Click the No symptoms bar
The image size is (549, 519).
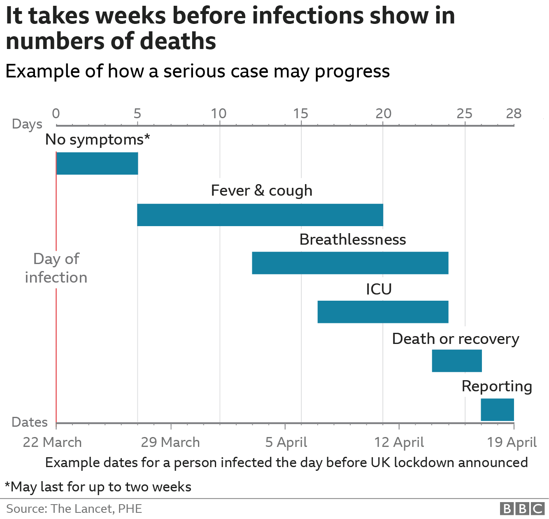[97, 164]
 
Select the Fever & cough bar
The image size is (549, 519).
[260, 215]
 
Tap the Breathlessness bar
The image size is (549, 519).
[350, 263]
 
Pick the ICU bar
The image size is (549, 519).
[383, 312]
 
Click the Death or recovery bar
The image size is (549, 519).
[457, 361]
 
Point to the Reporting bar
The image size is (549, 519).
[497, 410]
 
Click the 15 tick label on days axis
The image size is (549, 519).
[301, 113]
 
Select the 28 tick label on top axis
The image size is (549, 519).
[514, 113]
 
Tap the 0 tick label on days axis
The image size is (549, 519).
[56, 113]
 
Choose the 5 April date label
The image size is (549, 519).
[286, 442]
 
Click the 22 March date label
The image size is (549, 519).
[52, 442]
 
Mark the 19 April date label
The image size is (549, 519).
[512, 442]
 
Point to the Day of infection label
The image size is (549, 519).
[56, 268]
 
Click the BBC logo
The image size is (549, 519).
[522, 509]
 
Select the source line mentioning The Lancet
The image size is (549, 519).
[74, 509]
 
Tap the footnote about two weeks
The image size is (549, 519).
[98, 487]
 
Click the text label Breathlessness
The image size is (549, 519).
[353, 239]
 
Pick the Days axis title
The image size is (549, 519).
[27, 124]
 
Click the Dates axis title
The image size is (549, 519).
[30, 422]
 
